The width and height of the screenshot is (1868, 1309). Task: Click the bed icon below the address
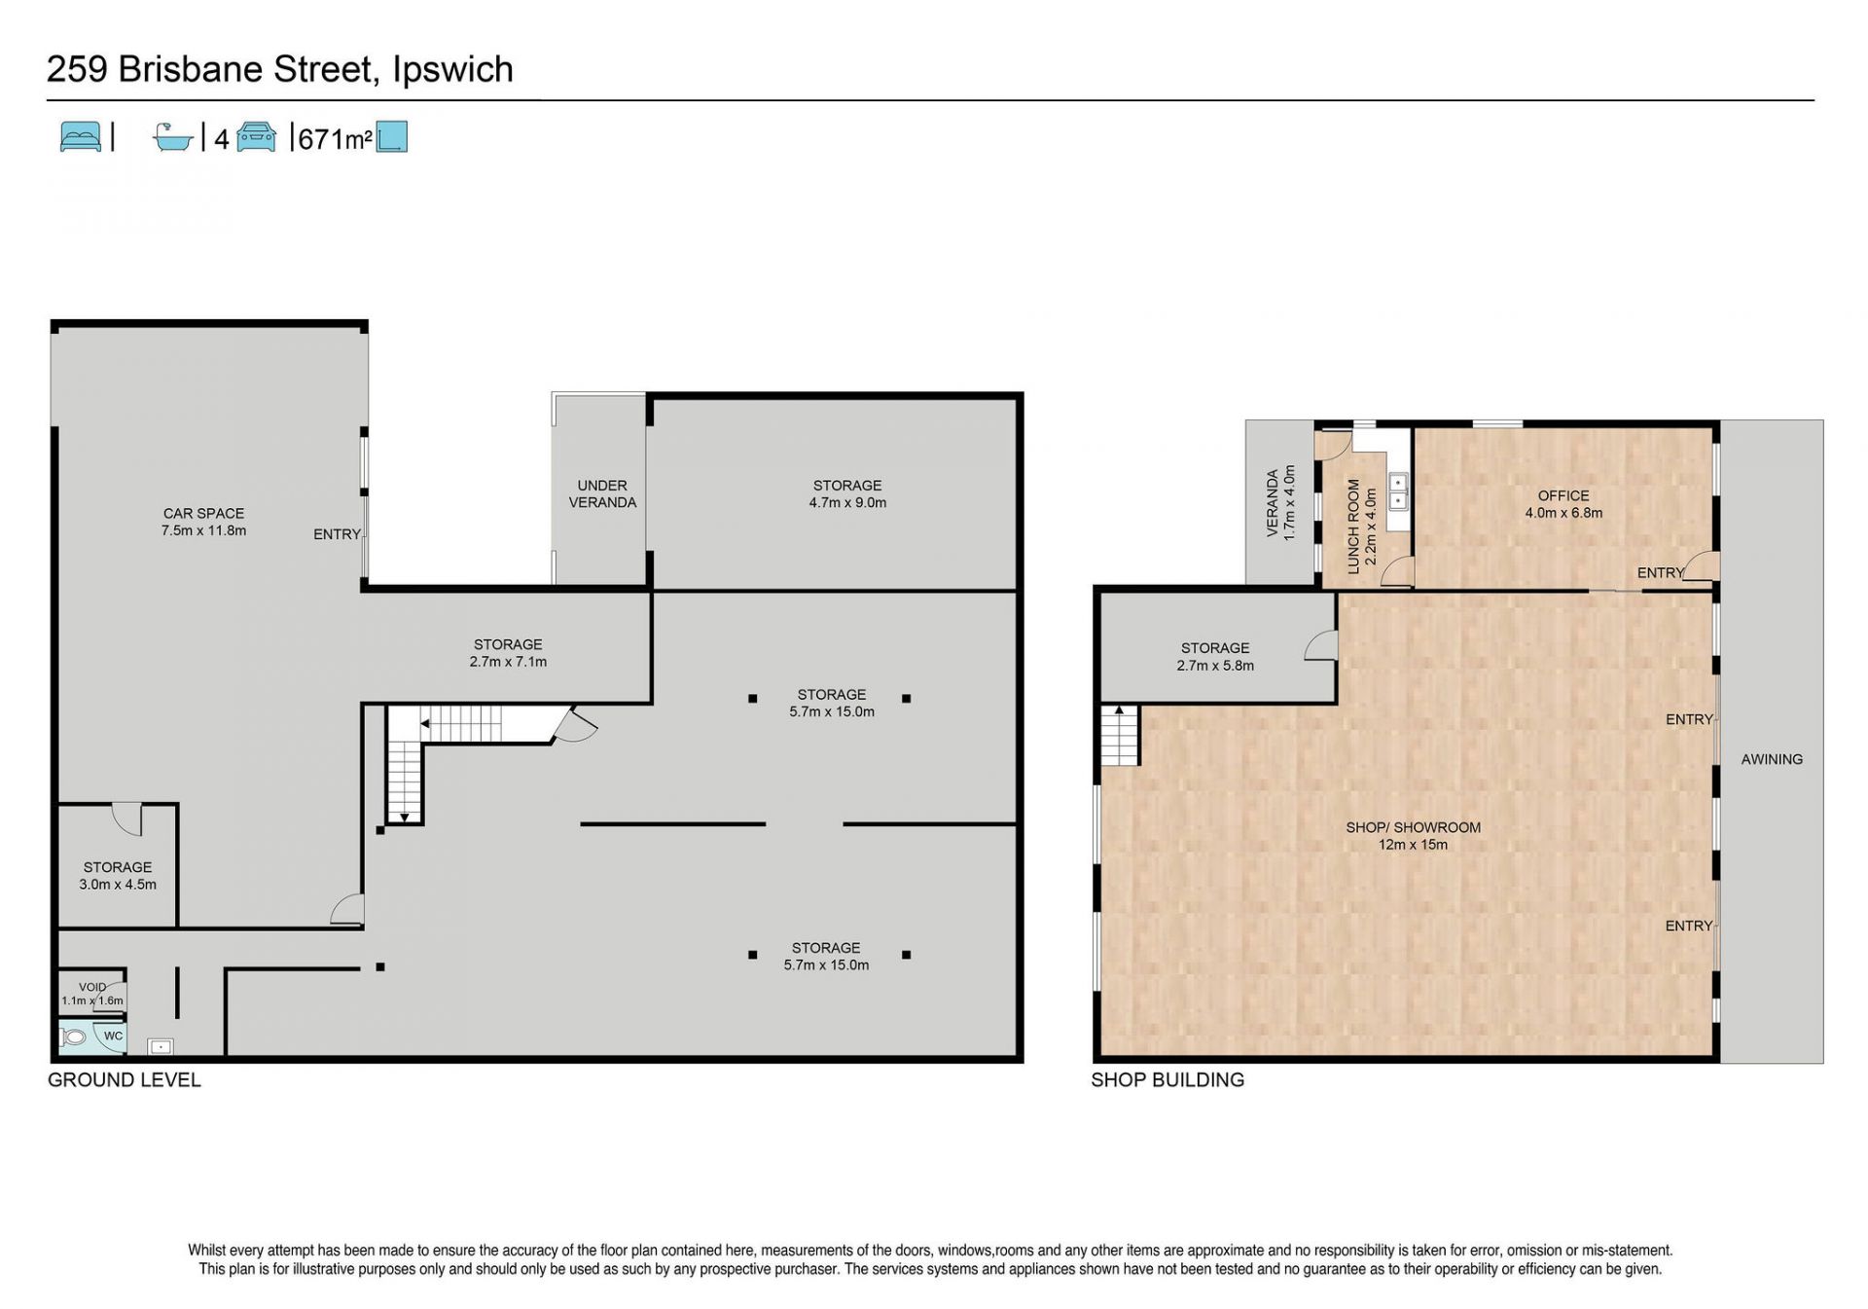[x=80, y=137]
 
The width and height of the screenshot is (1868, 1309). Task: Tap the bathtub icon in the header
[x=173, y=137]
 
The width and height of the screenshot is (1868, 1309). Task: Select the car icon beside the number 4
[x=257, y=137]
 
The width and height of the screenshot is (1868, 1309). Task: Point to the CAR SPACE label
[x=203, y=513]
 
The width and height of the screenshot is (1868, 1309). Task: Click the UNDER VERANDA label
[x=602, y=493]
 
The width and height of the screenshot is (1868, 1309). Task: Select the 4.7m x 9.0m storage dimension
[x=847, y=503]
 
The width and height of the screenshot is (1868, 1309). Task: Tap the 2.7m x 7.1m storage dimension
[x=508, y=662]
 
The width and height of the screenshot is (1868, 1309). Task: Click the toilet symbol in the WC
[x=73, y=1037]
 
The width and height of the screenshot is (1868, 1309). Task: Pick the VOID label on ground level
[x=92, y=987]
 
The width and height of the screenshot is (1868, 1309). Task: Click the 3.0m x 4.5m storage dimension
[x=118, y=885]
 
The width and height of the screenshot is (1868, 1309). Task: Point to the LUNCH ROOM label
[x=1353, y=527]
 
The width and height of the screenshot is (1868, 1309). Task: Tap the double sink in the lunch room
[x=1398, y=491]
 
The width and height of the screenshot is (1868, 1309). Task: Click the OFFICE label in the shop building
[x=1563, y=495]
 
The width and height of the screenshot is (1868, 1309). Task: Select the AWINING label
[x=1772, y=759]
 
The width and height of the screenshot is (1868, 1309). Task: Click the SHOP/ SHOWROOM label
[x=1413, y=827]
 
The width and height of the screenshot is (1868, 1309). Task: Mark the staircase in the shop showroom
[x=1120, y=735]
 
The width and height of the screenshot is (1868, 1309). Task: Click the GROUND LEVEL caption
[x=125, y=1079]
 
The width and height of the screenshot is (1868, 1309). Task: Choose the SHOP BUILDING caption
[x=1167, y=1079]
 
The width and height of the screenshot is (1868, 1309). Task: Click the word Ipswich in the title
[x=452, y=70]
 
